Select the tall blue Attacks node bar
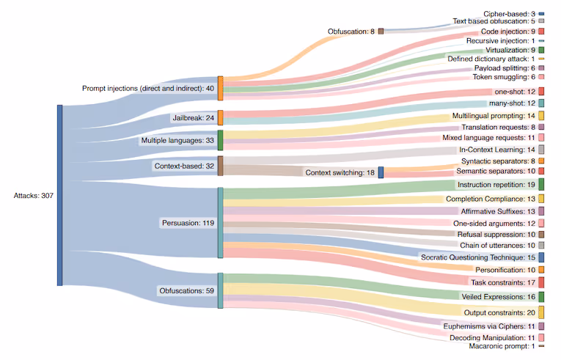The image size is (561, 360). point(60,195)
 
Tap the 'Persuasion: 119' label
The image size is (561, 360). point(186,222)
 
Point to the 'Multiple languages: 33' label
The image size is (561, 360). point(177,140)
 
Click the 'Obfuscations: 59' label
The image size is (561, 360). point(186,290)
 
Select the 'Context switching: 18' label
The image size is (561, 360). point(339,172)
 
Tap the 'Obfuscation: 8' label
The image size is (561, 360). point(351,32)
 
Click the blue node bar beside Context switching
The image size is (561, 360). point(381,172)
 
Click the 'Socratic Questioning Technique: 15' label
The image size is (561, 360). point(477,257)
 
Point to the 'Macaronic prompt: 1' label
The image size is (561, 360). point(502,346)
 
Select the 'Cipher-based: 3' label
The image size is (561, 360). point(509,14)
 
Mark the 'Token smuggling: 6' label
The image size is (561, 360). point(503,76)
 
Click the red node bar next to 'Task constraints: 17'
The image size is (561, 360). point(540,282)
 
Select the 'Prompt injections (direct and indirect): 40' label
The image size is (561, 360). point(148,88)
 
